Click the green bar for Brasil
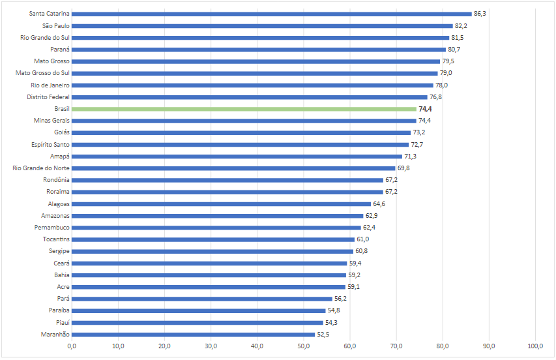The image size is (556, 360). [244, 109]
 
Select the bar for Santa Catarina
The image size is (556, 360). [271, 14]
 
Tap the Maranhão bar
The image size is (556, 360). [193, 335]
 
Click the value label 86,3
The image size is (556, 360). [480, 14]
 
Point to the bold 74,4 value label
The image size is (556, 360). [426, 109]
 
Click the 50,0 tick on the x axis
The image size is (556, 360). [304, 346]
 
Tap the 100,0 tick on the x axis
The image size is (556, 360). [536, 346]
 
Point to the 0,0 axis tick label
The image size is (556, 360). [72, 346]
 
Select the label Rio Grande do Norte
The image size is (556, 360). [41, 168]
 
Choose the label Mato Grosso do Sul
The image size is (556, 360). [42, 73]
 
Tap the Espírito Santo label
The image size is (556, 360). [50, 144]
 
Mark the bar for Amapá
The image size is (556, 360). [237, 157]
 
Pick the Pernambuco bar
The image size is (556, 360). [216, 228]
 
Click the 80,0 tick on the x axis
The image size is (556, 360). [443, 346]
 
